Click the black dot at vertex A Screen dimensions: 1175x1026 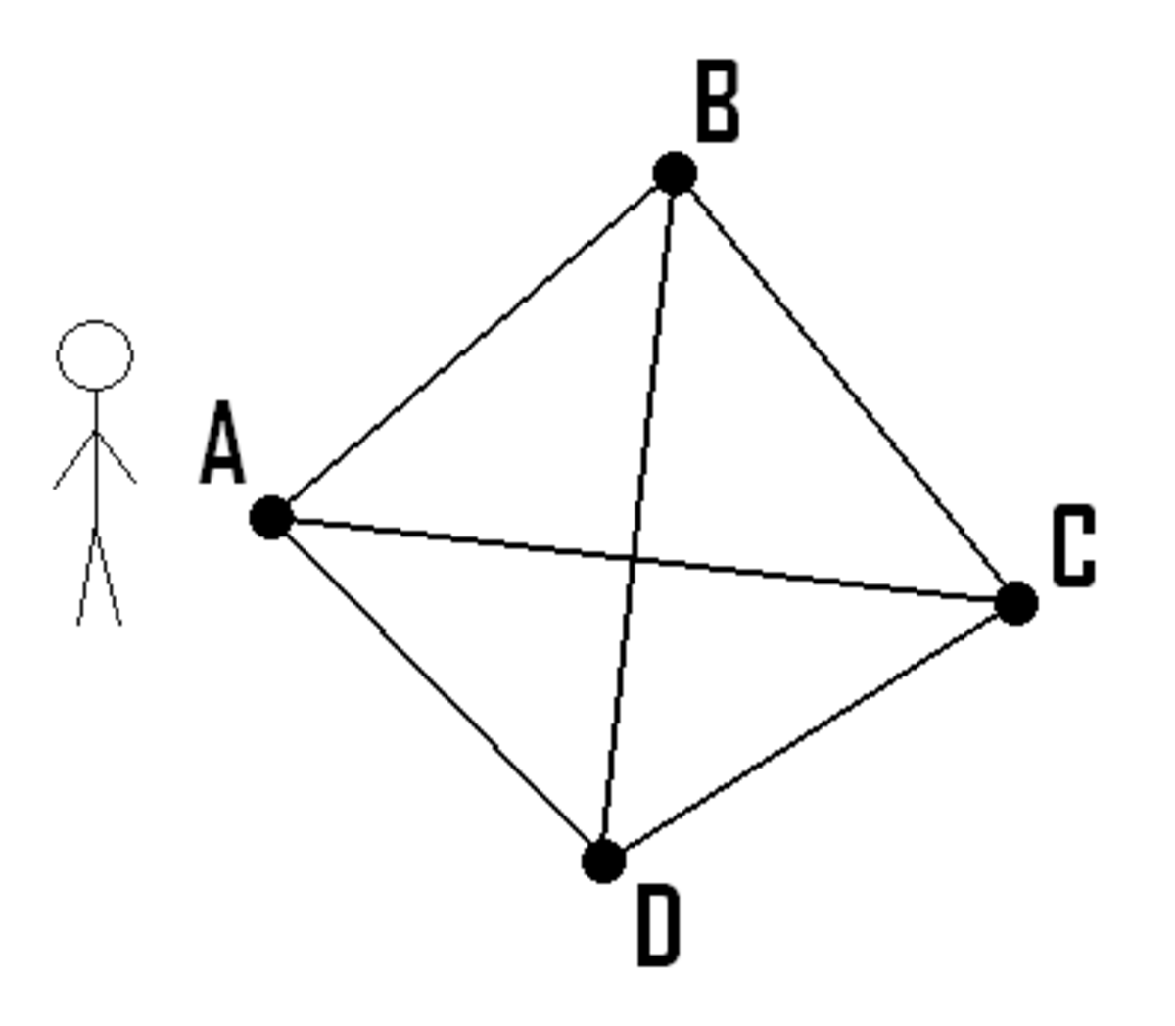(271, 517)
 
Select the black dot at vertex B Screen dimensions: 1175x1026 (675, 173)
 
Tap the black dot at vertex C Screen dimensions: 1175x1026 (1016, 603)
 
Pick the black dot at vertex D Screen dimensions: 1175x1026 (603, 862)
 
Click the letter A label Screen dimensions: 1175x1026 (223, 443)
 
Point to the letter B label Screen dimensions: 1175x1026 (718, 101)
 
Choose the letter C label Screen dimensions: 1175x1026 (1074, 546)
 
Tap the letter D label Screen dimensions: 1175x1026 (659, 925)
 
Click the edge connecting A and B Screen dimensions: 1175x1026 (473, 345)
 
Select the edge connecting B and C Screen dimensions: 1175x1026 (845, 388)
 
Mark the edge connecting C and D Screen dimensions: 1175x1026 (810, 732)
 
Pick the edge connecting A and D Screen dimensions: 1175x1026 (437, 689)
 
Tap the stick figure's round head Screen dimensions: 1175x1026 (95, 321)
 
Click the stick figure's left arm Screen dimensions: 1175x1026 (74, 459)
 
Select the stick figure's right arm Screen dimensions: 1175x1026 (116, 456)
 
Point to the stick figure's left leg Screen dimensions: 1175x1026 (87, 579)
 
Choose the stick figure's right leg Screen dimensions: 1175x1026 (108, 579)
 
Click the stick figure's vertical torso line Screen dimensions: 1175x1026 (96, 462)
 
